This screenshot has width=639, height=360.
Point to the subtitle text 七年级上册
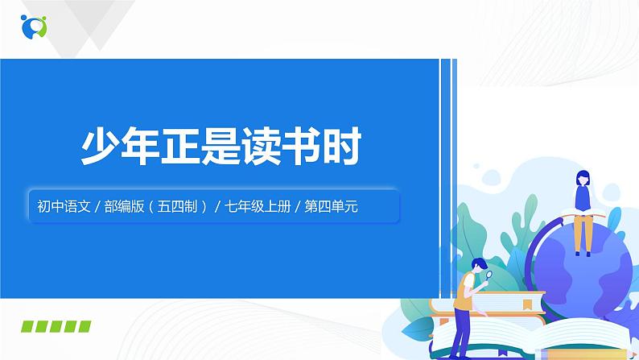[258, 206]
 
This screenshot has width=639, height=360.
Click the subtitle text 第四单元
[332, 206]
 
